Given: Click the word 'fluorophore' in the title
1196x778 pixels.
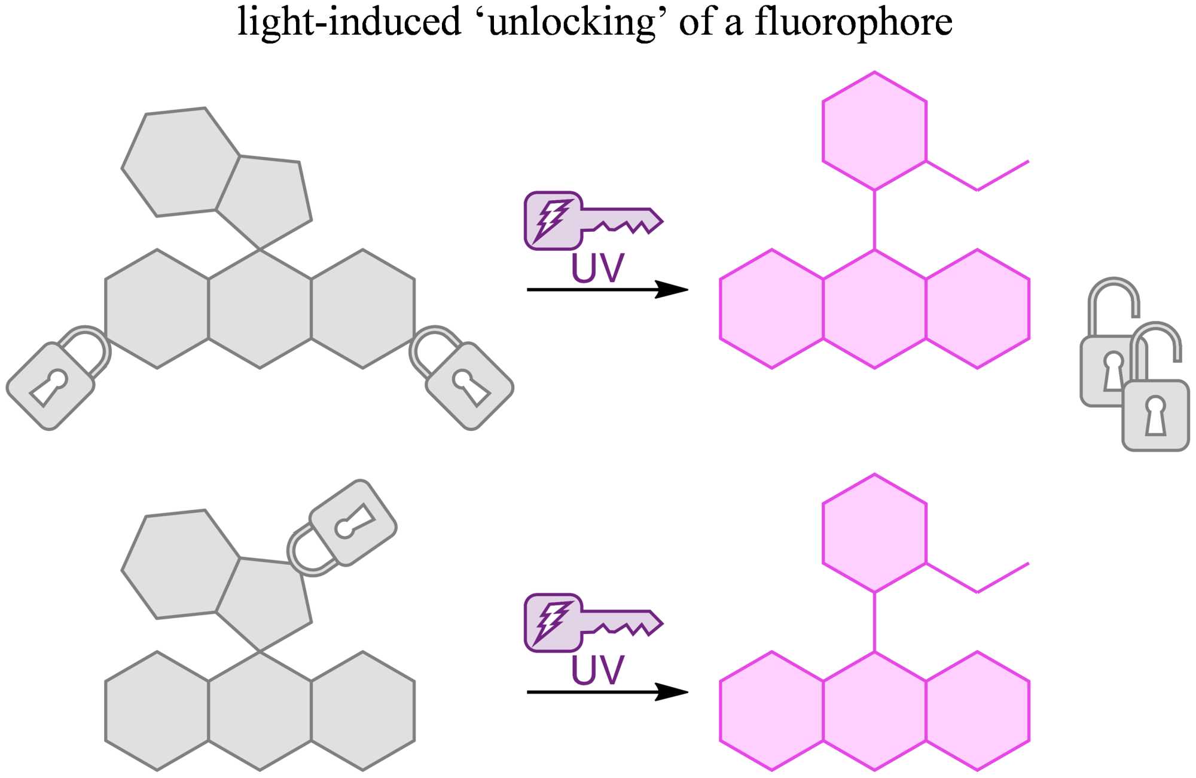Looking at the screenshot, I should [853, 22].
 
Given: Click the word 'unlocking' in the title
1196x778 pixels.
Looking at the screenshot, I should [572, 22].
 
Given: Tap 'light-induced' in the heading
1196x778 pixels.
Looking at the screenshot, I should [349, 22].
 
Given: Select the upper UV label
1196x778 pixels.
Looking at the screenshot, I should [597, 268].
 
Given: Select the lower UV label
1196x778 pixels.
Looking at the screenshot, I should [597, 670].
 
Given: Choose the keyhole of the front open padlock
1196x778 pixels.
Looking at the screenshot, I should [1155, 416].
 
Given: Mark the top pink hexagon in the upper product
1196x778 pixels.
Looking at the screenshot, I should [874, 131].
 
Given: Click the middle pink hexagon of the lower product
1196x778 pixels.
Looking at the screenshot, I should [874, 710].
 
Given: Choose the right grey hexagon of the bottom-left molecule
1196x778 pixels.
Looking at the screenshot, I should [363, 710].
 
